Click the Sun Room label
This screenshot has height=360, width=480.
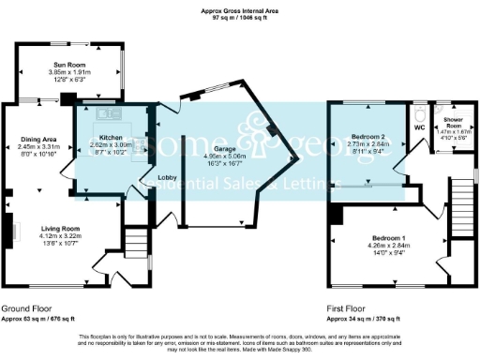click(x=70, y=64)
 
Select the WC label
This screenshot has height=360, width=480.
click(x=420, y=126)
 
